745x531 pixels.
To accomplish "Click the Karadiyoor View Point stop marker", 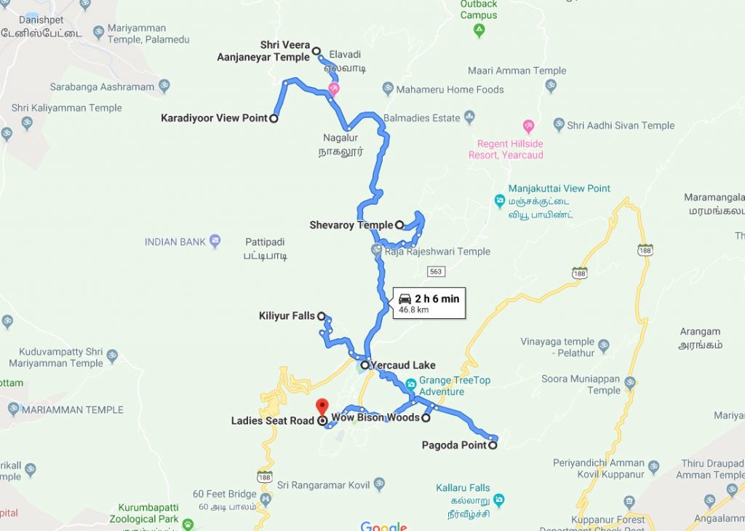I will (x=274, y=118).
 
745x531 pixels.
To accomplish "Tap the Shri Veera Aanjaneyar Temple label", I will (x=263, y=51).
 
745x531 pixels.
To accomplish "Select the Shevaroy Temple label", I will (x=351, y=225).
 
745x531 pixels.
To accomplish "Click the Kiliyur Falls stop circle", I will (x=321, y=316).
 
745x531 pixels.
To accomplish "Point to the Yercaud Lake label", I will (x=402, y=365).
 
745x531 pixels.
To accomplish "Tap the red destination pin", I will (x=322, y=407).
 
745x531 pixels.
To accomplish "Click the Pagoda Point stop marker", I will (x=493, y=445).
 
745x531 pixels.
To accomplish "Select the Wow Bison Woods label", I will (x=375, y=417).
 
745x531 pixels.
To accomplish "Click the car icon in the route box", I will (x=405, y=299).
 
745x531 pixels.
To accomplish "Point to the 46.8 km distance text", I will (x=414, y=310).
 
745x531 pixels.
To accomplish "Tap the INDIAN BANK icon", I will (x=214, y=241).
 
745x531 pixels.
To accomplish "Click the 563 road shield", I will (x=436, y=271).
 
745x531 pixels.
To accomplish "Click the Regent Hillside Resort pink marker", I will (x=528, y=125).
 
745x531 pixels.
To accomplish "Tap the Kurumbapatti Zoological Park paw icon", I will (x=188, y=524).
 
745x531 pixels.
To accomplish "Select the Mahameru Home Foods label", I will (x=450, y=90).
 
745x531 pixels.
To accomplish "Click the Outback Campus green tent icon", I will (x=479, y=30).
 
